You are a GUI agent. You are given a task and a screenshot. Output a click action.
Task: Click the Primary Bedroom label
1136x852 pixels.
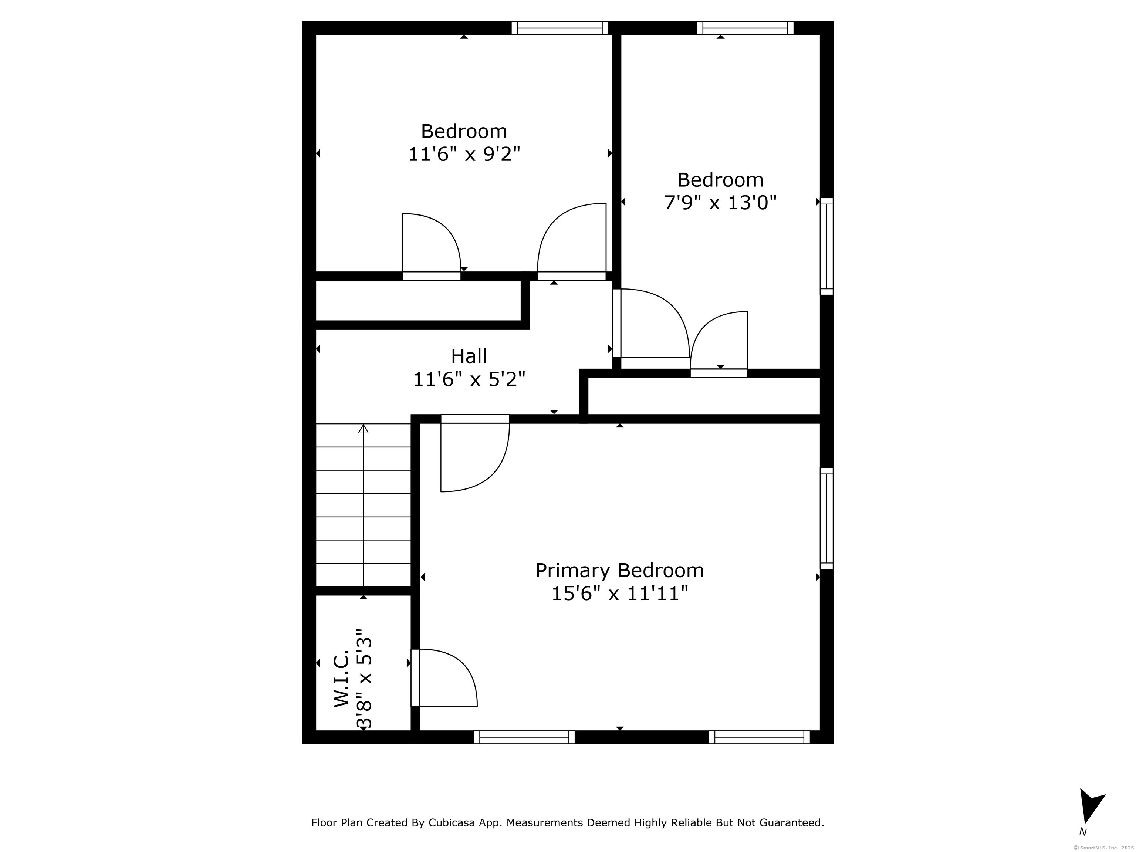pos(619,571)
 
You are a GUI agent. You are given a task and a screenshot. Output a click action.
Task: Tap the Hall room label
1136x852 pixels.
pos(469,356)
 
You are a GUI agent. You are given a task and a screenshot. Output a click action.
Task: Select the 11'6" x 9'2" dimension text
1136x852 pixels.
pos(464,154)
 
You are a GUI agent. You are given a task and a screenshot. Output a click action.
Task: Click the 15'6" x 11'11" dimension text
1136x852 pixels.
pos(619,594)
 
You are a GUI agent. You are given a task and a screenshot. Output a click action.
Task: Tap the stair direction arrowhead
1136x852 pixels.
pos(364,429)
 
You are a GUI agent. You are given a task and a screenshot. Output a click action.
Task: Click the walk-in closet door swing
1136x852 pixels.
pos(445,678)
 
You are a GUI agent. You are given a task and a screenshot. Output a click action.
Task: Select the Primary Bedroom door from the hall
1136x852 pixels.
pos(475,453)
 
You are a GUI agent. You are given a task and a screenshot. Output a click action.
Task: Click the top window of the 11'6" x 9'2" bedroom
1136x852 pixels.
pos(560,28)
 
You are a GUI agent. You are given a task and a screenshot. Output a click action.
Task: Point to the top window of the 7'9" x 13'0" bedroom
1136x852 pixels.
pos(745,28)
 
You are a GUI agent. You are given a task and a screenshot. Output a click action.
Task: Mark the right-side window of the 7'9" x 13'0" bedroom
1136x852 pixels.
pos(826,247)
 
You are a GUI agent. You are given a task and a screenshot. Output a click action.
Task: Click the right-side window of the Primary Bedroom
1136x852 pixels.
pos(826,518)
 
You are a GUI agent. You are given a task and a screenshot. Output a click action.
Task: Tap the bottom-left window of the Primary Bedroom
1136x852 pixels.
pos(524,737)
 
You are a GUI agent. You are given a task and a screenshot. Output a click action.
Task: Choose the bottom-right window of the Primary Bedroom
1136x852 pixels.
pos(760,737)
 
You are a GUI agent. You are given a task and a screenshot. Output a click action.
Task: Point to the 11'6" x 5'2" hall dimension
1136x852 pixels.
pos(469,379)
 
